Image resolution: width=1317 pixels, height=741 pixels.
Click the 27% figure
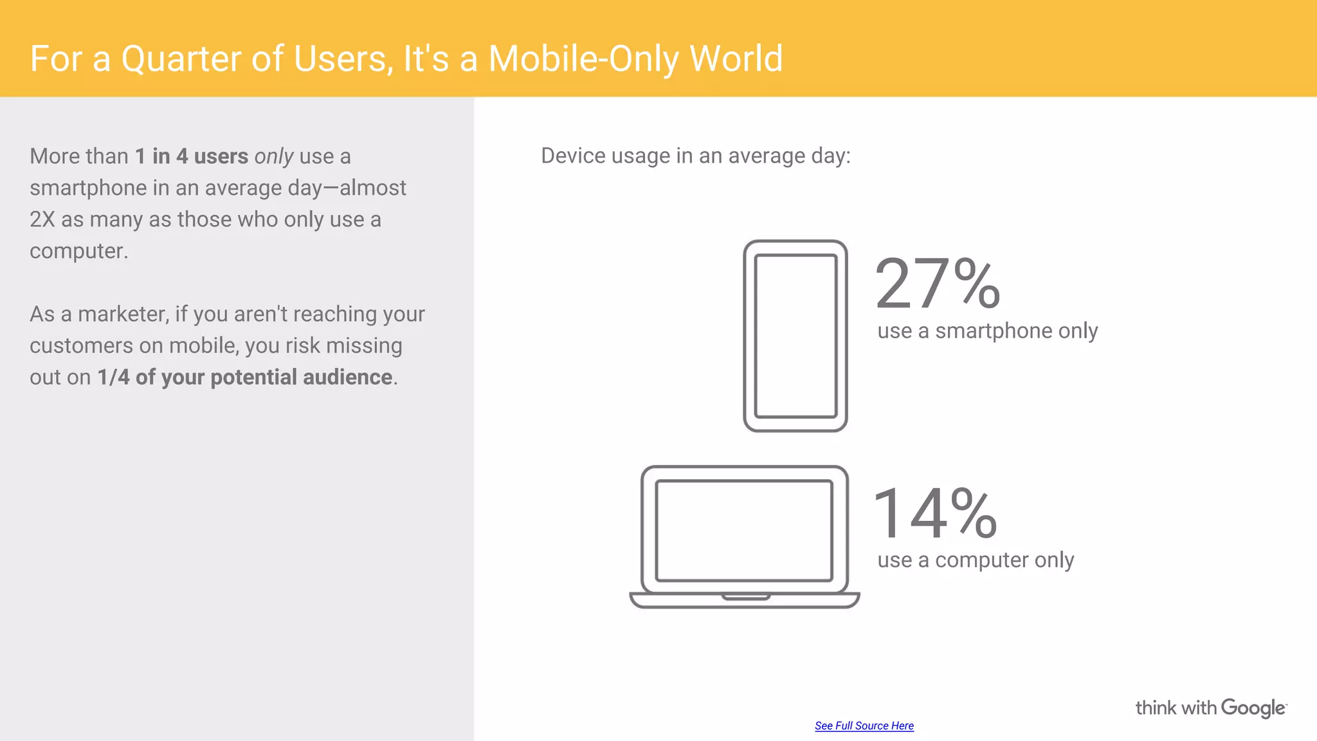(938, 283)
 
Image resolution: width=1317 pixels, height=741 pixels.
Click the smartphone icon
(795, 335)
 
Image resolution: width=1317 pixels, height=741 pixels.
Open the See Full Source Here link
(864, 726)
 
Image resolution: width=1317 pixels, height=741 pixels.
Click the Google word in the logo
(1253, 708)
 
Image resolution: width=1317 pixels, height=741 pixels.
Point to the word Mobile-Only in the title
(583, 59)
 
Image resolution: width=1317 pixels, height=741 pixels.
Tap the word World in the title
(736, 59)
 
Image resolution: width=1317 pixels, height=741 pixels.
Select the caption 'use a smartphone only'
(987, 331)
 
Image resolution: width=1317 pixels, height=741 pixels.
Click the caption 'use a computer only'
(976, 560)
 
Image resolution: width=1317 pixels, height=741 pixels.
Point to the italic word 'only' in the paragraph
(274, 156)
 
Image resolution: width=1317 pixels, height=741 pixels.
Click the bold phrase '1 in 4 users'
(191, 156)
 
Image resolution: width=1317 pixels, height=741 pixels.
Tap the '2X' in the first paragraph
(42, 219)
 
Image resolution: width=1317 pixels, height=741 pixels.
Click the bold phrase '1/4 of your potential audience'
(244, 377)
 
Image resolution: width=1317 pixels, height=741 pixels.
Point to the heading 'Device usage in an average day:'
(695, 156)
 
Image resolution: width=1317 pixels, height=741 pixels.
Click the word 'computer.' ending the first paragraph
(78, 251)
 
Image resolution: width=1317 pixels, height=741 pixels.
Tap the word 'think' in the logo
(1156, 708)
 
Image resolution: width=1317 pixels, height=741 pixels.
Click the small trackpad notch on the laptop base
(745, 597)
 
